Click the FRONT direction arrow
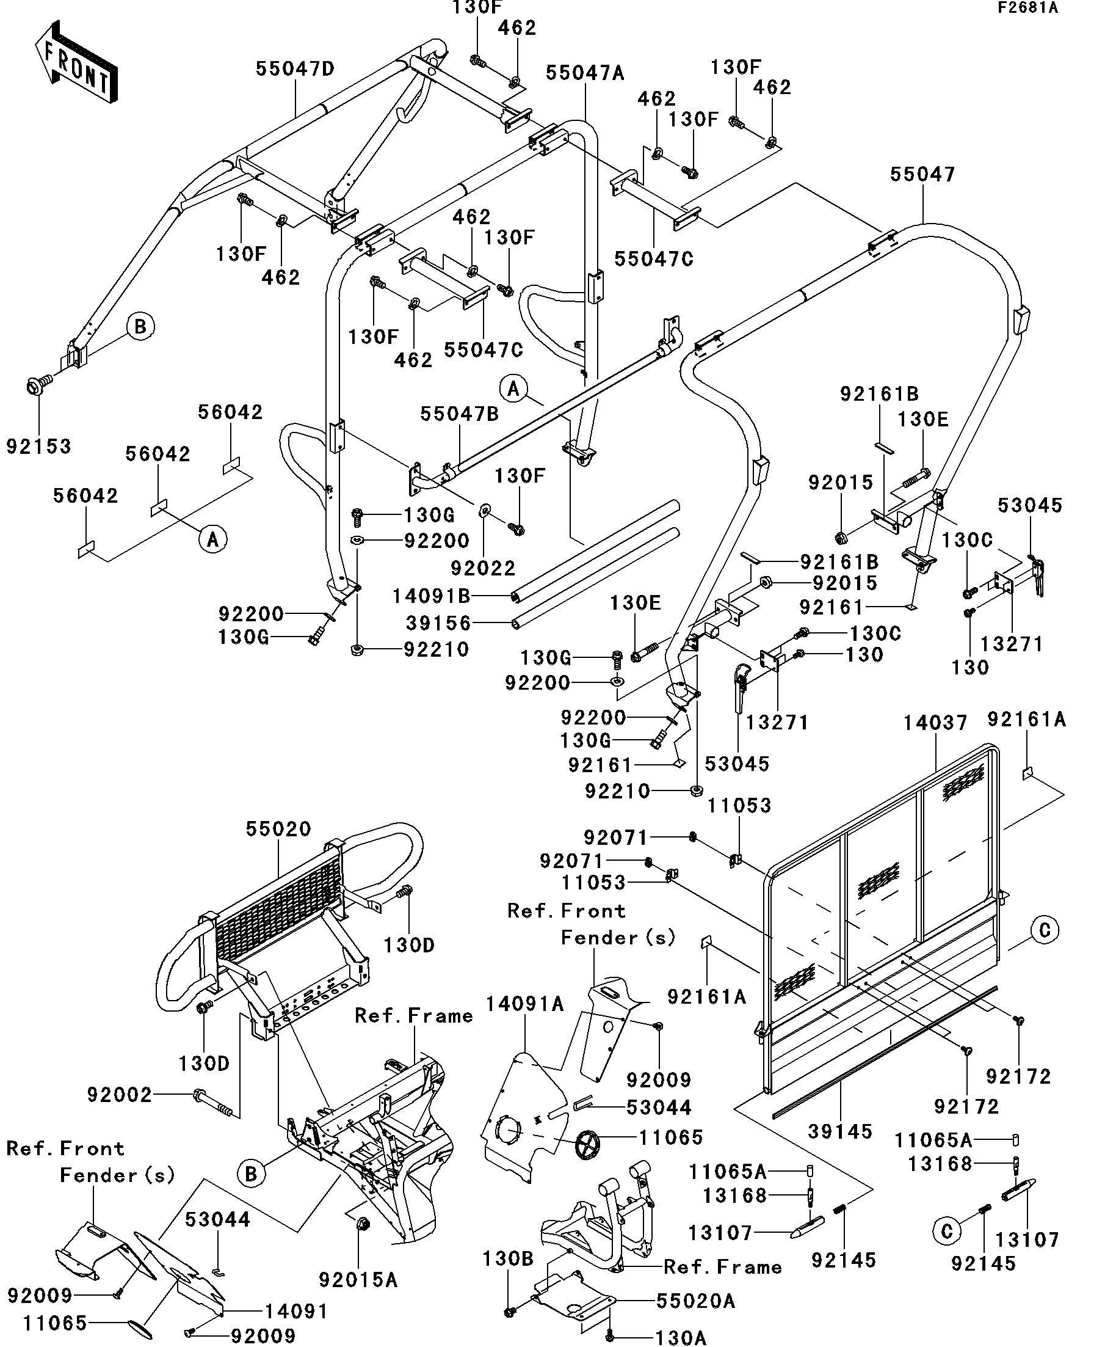pos(76,62)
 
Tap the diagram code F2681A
pos(1046,8)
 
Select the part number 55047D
pos(295,69)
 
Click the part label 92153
pos(38,447)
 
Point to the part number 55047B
pos(459,414)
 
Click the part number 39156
pos(438,623)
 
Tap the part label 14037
pos(935,723)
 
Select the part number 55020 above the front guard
pos(278,829)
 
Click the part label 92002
pos(119,1095)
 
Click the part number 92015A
pos(358,1280)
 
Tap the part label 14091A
pos(524,1004)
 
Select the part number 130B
pos(509,1259)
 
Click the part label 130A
pos(680,1337)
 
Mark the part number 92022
pos(483,568)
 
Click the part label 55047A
pos(585,73)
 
